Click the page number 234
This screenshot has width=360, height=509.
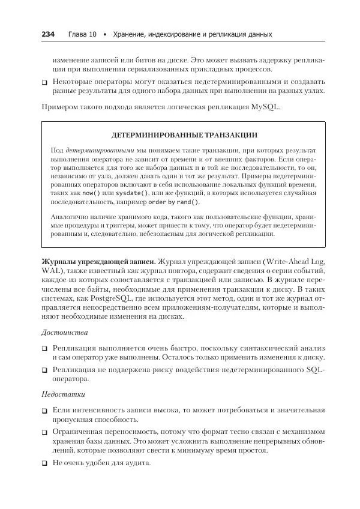tap(47, 34)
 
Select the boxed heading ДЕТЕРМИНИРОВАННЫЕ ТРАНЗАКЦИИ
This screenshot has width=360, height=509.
tap(184, 135)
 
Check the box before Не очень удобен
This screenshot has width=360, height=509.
tap(44, 463)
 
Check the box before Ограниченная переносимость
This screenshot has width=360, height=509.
tap(44, 432)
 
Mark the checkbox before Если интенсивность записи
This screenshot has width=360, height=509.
tap(44, 411)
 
